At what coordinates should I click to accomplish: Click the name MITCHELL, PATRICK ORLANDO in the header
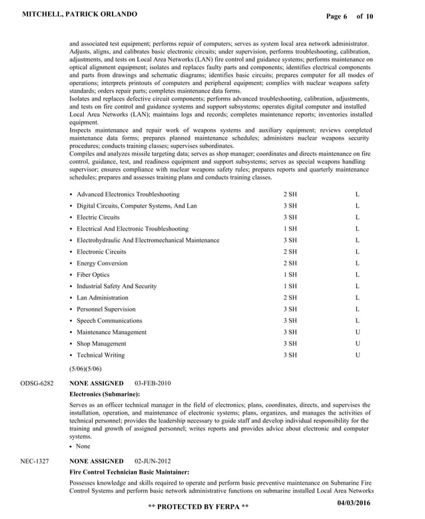[80, 14]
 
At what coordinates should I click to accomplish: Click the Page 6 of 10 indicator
[350, 16]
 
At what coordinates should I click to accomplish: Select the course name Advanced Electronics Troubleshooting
[127, 194]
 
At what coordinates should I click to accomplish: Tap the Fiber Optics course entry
[93, 275]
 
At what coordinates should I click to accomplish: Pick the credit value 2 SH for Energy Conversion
[290, 263]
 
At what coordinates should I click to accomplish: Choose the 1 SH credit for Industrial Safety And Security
[290, 286]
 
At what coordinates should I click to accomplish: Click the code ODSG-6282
[36, 383]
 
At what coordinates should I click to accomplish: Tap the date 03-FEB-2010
[153, 383]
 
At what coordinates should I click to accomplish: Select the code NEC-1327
[34, 460]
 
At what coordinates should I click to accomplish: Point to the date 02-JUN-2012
[153, 460]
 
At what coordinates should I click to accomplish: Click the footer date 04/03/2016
[355, 502]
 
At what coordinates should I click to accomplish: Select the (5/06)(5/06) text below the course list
[85, 368]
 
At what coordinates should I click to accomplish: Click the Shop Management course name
[101, 344]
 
